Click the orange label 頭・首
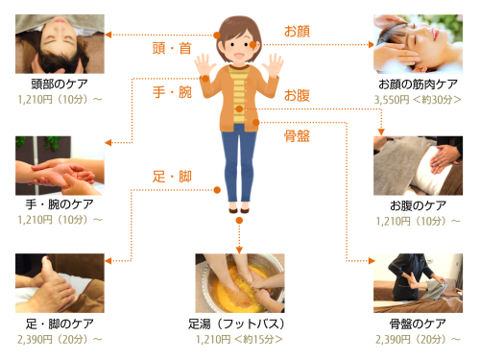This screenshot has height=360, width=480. click(x=172, y=48)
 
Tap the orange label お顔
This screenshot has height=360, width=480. click(x=297, y=32)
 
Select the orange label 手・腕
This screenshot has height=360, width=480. click(x=172, y=92)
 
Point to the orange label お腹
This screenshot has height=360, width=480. click(x=297, y=95)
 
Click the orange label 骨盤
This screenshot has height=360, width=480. click(x=297, y=136)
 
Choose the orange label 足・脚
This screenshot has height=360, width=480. click(x=172, y=177)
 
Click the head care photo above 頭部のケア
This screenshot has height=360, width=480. click(x=60, y=44)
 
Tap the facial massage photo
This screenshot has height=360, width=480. click(x=418, y=44)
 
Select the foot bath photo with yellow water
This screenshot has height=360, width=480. click(x=240, y=283)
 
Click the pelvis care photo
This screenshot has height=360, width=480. click(x=418, y=283)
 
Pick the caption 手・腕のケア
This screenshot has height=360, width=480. click(x=60, y=204)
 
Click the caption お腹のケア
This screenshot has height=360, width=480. click(x=418, y=205)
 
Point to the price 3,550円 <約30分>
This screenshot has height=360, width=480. click(x=418, y=100)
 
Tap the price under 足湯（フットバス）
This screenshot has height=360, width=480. click(x=239, y=339)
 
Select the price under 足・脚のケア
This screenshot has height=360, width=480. click(x=60, y=339)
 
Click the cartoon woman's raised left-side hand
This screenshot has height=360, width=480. click(x=204, y=65)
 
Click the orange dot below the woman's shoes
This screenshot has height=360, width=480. click(x=239, y=221)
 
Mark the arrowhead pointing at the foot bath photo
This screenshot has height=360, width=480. click(x=239, y=250)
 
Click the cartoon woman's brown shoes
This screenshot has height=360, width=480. click(x=239, y=210)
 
